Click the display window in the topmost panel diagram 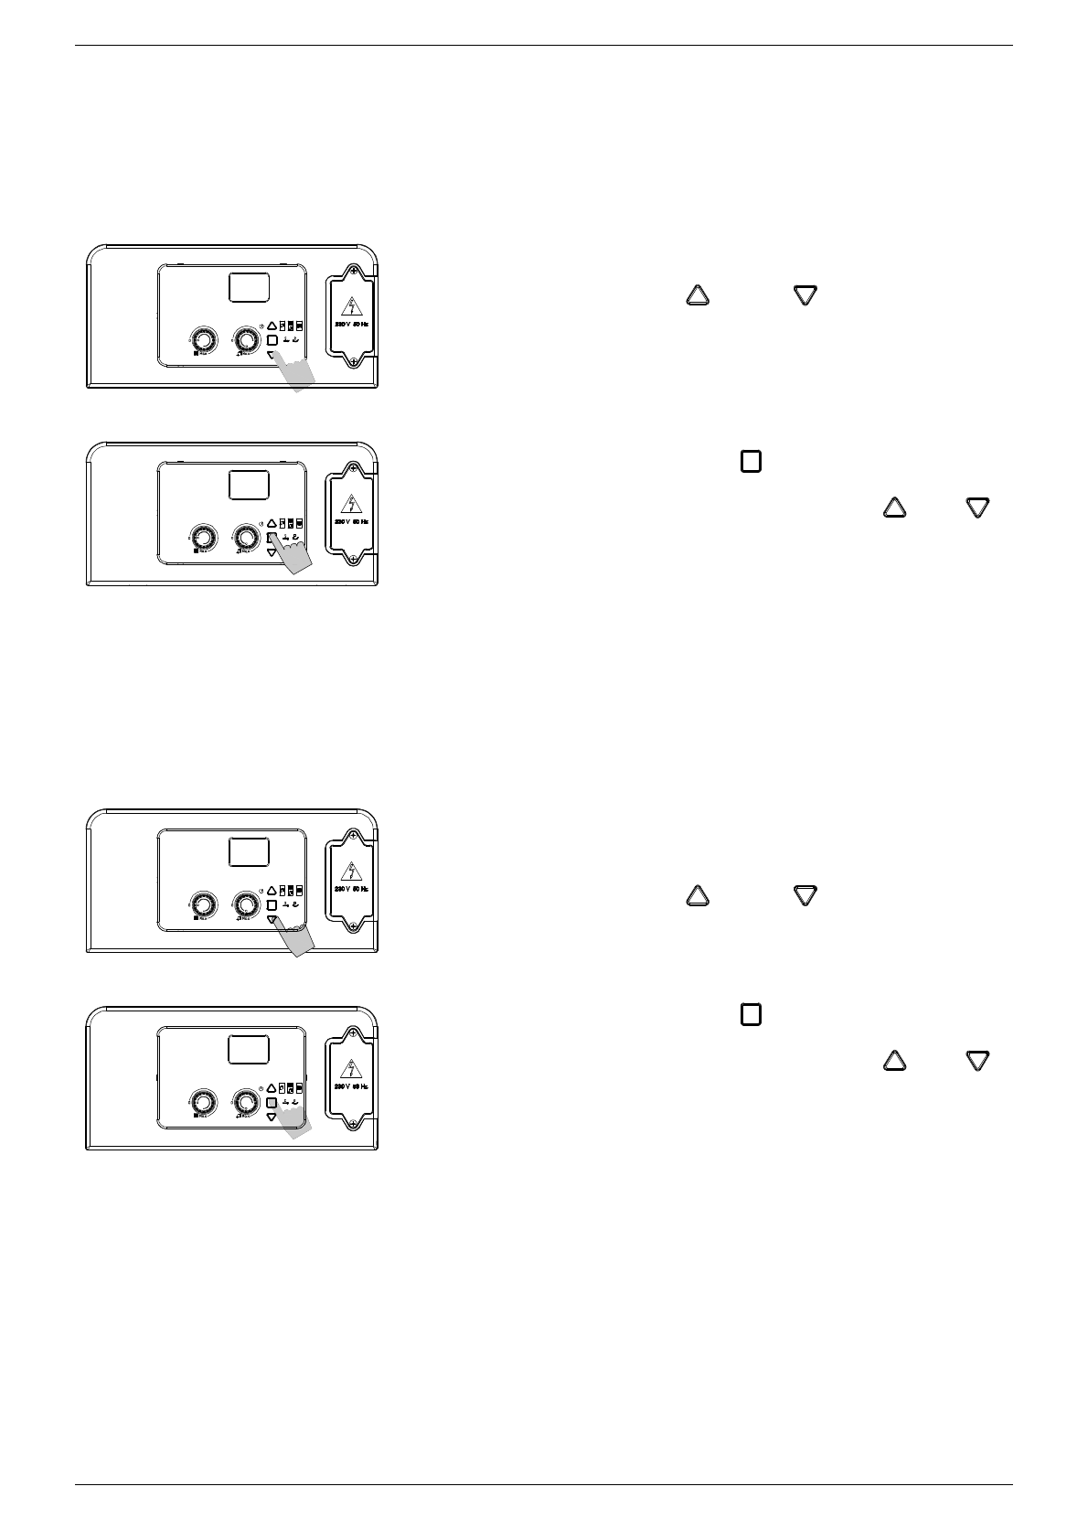tap(249, 288)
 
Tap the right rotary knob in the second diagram tap(245, 536)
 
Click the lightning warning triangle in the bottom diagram tap(353, 1068)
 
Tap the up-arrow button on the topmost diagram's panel tap(272, 326)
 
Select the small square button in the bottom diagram tap(272, 1102)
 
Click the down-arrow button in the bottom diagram tap(272, 1118)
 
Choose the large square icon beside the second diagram tap(751, 462)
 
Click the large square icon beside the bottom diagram tap(751, 1014)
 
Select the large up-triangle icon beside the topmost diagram tap(697, 294)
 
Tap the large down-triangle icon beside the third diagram tap(805, 895)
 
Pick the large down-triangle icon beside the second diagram tap(978, 508)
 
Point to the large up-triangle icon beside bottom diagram tap(894, 1061)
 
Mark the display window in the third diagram tap(249, 852)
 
